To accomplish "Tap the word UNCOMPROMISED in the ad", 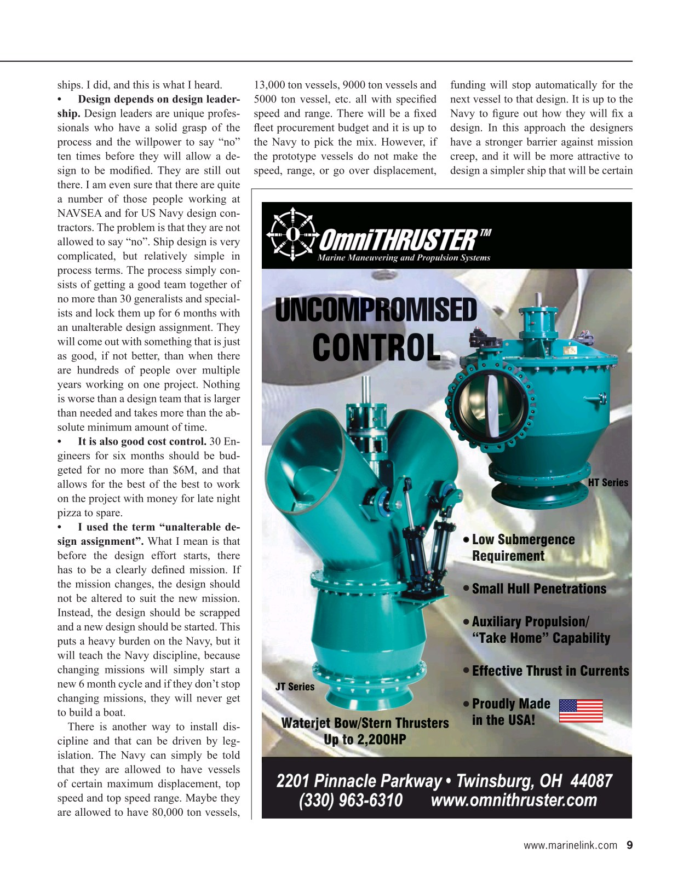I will (x=376, y=310).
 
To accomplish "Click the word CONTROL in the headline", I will (x=376, y=347).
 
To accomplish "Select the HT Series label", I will (x=608, y=482).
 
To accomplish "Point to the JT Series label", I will (x=295, y=687).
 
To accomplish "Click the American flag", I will (x=581, y=711).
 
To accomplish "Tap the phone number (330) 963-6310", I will (x=351, y=800).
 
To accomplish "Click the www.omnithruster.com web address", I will (x=514, y=800).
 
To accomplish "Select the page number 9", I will (x=629, y=845).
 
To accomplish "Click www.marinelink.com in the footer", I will (x=570, y=845).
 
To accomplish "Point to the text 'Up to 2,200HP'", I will (x=365, y=740).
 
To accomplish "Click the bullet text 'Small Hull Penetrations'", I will (x=539, y=589).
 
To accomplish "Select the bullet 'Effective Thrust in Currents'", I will (x=550, y=671).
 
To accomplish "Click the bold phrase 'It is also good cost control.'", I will (x=142, y=441).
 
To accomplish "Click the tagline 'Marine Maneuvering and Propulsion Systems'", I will (x=404, y=258).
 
